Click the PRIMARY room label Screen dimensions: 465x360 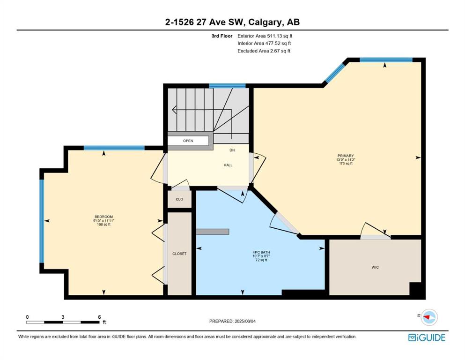346,156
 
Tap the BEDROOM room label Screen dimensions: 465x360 104,217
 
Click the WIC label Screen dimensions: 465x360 375,267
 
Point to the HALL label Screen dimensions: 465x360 228,165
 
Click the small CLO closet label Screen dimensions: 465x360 179,199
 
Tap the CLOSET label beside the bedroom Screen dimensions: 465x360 179,254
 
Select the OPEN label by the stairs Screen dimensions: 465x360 188,141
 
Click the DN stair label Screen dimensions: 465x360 232,150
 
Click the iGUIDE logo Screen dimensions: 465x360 427,337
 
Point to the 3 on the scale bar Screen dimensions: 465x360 63,317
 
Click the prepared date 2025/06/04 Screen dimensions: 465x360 245,321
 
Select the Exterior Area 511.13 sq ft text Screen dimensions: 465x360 265,36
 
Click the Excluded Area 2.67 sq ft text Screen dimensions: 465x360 264,51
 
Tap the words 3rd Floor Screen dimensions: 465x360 222,36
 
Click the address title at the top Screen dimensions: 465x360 232,22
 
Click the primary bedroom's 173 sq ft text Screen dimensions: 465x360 346,163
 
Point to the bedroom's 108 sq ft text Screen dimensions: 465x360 104,225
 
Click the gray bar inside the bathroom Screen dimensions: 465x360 213,232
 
